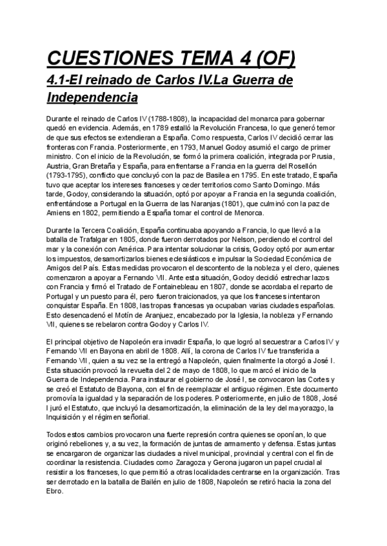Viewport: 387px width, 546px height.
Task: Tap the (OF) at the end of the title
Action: click(x=275, y=59)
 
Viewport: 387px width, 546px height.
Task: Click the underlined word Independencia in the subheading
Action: click(x=92, y=98)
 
